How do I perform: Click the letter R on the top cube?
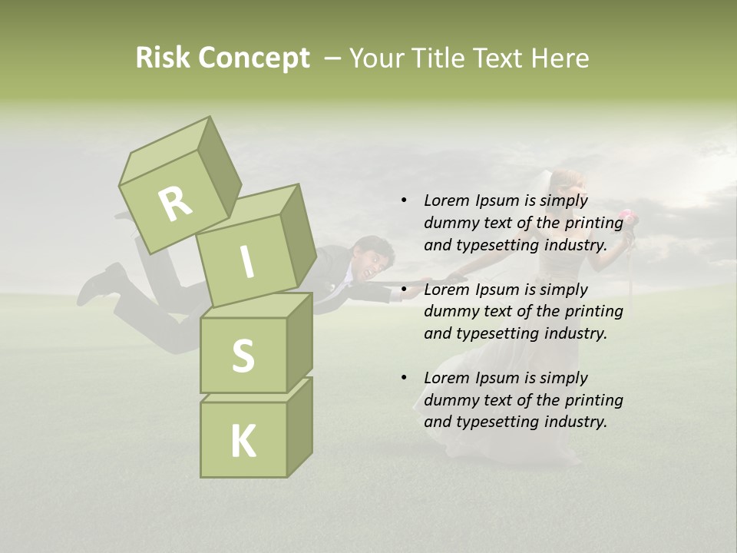176,204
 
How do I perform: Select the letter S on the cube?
243,356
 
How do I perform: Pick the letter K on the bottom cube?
243,442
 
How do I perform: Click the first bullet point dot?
404,200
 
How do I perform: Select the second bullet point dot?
404,290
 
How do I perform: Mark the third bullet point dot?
404,378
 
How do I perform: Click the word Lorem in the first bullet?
446,200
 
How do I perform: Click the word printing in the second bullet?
593,311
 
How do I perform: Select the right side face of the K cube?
299,426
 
